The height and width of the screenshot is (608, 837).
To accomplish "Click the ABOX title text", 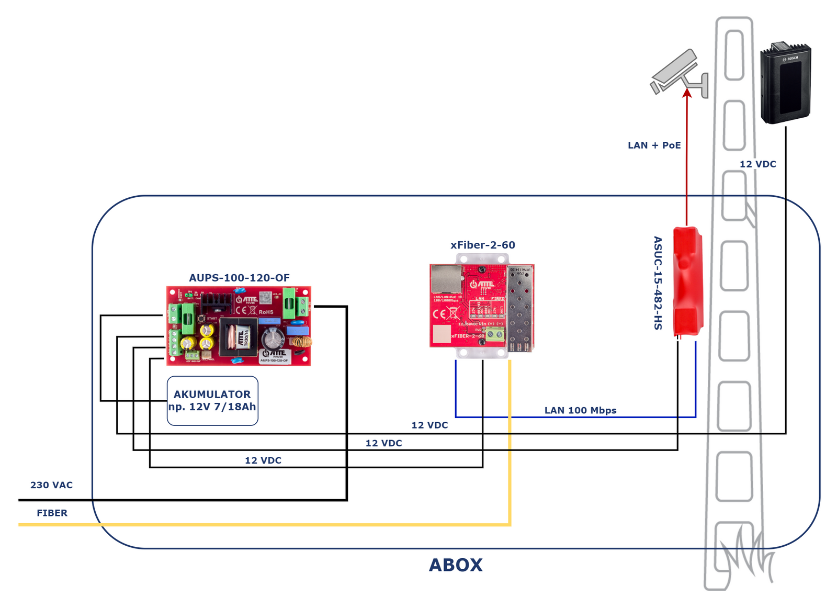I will pyautogui.click(x=455, y=565).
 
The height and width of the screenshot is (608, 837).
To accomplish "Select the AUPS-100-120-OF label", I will pyautogui.click(x=239, y=278).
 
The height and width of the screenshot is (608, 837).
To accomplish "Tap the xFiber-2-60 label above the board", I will pyautogui.click(x=482, y=245).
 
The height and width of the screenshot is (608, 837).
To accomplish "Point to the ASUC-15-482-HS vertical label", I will pyautogui.click(x=658, y=283).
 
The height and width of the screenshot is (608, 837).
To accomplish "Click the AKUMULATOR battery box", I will pyautogui.click(x=212, y=401).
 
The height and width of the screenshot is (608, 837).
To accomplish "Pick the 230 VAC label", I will pyautogui.click(x=51, y=485).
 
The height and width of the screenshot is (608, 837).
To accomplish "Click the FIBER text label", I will pyautogui.click(x=52, y=513).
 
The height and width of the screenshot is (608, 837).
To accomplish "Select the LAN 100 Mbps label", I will pyautogui.click(x=580, y=410).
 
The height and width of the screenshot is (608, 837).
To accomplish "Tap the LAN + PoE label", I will pyautogui.click(x=654, y=145).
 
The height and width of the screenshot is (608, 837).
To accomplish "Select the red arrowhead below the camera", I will pyautogui.click(x=687, y=93).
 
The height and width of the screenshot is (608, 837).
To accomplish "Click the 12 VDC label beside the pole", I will pyautogui.click(x=757, y=164).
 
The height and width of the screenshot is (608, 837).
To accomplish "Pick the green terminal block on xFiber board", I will pyautogui.click(x=494, y=333).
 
